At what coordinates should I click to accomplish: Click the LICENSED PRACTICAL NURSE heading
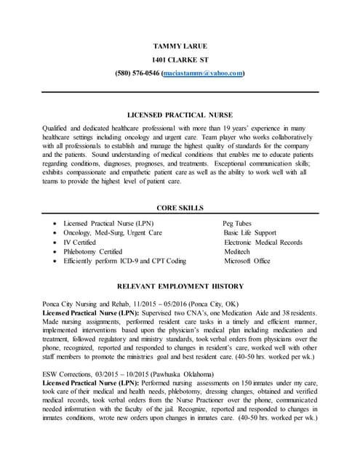coord(180,115)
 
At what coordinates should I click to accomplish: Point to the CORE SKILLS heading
coord(180,208)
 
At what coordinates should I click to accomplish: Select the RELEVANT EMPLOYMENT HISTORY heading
coord(180,286)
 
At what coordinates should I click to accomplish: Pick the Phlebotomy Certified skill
coord(92,251)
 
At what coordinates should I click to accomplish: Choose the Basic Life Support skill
coord(250,232)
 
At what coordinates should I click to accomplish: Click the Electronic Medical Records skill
coord(263,242)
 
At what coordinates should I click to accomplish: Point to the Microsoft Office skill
coord(247,261)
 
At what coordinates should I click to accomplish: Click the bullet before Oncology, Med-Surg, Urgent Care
coord(56,233)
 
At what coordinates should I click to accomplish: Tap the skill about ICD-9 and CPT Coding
coord(124,261)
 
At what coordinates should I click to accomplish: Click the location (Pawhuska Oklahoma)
coord(185,373)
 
